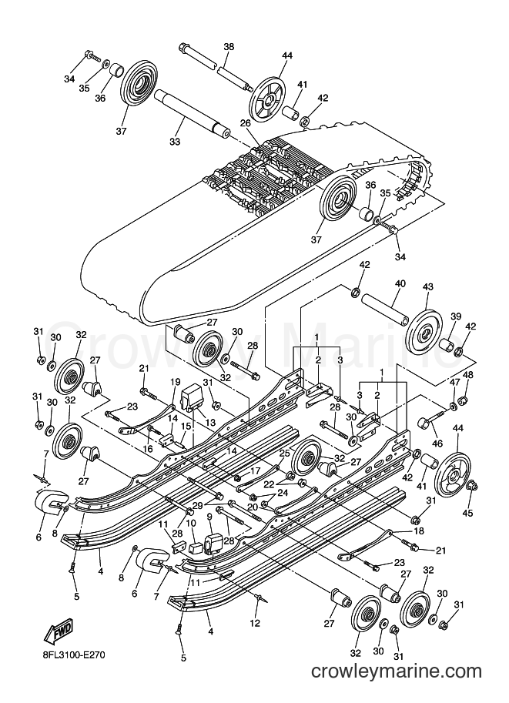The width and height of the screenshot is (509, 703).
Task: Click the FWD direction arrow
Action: (58, 631)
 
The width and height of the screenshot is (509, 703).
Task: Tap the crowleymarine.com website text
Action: (397, 671)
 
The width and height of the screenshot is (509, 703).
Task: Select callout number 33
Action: (175, 141)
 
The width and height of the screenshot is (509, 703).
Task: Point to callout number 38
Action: (229, 47)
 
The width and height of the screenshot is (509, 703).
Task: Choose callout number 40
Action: (400, 283)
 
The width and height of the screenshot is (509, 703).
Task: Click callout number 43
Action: (428, 286)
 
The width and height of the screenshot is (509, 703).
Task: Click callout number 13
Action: (210, 422)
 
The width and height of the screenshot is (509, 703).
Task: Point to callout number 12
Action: (255, 623)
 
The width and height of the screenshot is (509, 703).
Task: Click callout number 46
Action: (437, 444)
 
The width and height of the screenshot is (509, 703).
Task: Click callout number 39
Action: (456, 316)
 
